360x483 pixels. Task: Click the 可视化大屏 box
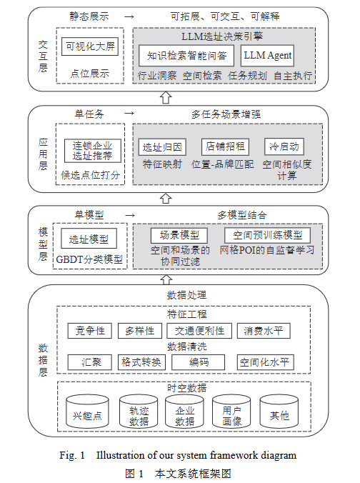click(89, 47)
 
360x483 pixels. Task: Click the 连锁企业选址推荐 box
click(92, 150)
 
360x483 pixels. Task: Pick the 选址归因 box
click(162, 147)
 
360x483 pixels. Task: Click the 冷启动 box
click(284, 147)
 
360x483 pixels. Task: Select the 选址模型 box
click(89, 239)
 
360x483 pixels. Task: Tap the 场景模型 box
click(179, 235)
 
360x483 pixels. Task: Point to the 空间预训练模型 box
click(267, 235)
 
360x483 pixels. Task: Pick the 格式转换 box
click(141, 362)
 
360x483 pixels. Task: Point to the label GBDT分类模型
click(89, 259)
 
